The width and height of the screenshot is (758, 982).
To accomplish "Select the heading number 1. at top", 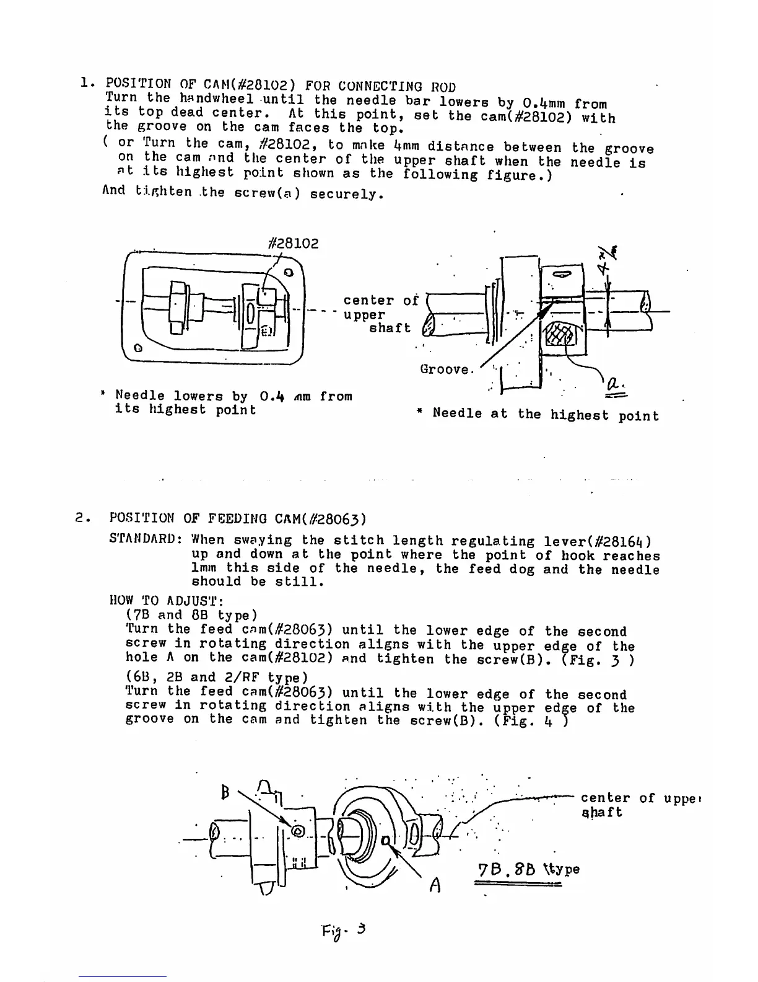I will point(87,82).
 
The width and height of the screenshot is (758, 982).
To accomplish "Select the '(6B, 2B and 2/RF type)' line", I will point(217,678).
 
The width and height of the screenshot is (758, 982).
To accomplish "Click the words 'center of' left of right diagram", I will point(381,301).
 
